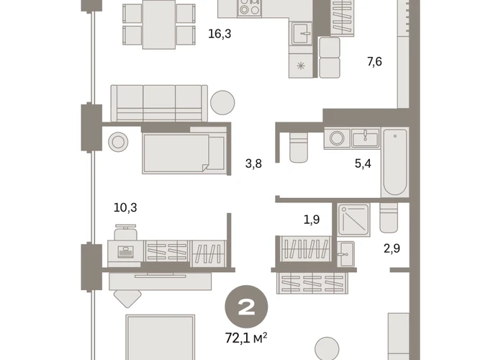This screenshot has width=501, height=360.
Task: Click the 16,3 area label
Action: (220, 34)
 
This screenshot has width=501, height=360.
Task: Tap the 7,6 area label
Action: (374, 61)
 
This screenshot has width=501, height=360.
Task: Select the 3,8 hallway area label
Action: (253, 163)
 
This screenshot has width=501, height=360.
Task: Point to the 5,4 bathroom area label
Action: (363, 163)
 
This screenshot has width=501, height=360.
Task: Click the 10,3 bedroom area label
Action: (125, 207)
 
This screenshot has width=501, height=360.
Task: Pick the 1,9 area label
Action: (312, 220)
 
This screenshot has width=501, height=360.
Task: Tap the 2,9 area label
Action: (392, 248)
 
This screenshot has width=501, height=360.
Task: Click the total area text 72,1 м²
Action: (246, 338)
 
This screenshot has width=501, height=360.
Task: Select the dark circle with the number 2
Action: (246, 307)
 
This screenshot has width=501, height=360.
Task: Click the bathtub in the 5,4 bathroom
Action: (395, 162)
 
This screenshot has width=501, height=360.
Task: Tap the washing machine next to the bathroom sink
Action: (337, 138)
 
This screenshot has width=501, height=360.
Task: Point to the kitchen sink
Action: (302, 34)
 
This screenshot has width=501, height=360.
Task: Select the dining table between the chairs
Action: (159, 24)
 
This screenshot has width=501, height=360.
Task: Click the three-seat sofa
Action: (159, 103)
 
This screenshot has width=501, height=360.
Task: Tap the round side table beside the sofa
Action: (222, 103)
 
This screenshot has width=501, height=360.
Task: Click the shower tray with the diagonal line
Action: (354, 220)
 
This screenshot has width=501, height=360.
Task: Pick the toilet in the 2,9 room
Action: (389, 217)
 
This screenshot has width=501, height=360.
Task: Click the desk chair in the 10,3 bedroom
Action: (125, 233)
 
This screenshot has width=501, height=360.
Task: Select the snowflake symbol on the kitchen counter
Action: (301, 66)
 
